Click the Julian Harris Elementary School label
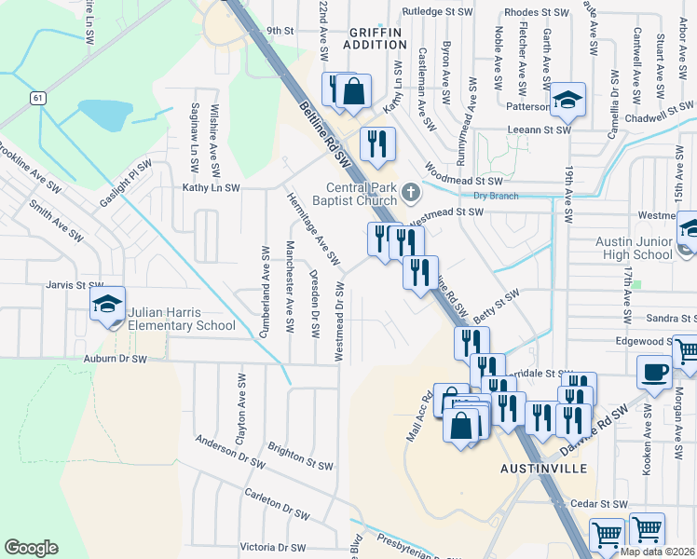183,319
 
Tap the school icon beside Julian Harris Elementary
107,306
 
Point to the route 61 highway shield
37,97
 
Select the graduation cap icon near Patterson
567,101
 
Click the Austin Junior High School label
634,248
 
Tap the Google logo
31,547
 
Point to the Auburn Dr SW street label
115,359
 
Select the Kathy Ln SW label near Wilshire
211,187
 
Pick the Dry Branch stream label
494,196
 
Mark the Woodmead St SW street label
463,177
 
